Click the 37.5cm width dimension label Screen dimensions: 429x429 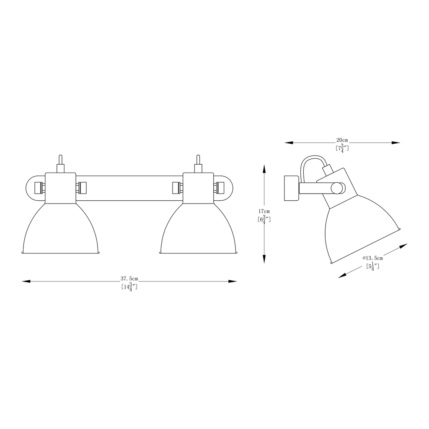click(x=129, y=279)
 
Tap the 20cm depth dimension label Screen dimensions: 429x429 click(x=342, y=140)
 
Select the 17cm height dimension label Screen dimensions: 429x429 click(x=264, y=211)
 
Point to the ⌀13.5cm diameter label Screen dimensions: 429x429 click(x=372, y=258)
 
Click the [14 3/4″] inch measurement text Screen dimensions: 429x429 click(x=129, y=287)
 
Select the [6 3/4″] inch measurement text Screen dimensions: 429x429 click(x=264, y=220)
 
